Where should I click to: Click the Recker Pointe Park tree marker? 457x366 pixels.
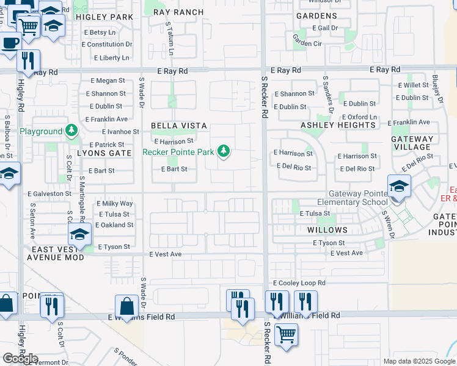tap(224, 151)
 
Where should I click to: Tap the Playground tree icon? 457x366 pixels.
tap(72, 131)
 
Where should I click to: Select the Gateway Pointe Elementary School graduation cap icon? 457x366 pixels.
tap(398, 186)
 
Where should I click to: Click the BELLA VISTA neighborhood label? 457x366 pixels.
tap(179, 126)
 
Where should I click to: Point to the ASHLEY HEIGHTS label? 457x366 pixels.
tap(338, 125)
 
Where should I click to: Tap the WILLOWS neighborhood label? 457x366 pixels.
tap(327, 230)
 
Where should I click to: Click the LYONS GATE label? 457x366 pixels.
tap(104, 153)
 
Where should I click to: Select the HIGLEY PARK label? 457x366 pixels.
tap(104, 17)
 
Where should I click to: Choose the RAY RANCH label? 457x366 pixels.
tap(178, 12)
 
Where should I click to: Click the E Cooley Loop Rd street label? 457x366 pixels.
tap(299, 283)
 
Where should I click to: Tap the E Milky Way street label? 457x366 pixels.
tap(115, 204)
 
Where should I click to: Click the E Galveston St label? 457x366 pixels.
tap(49, 193)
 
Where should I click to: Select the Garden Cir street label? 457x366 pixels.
tap(307, 43)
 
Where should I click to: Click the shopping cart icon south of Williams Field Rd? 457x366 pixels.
tap(285, 334)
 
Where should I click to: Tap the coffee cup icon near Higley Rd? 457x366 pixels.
tap(8, 43)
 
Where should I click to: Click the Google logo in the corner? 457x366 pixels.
tap(20, 359)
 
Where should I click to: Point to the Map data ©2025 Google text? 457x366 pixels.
tap(419, 361)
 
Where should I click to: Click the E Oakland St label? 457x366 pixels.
tap(112, 225)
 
